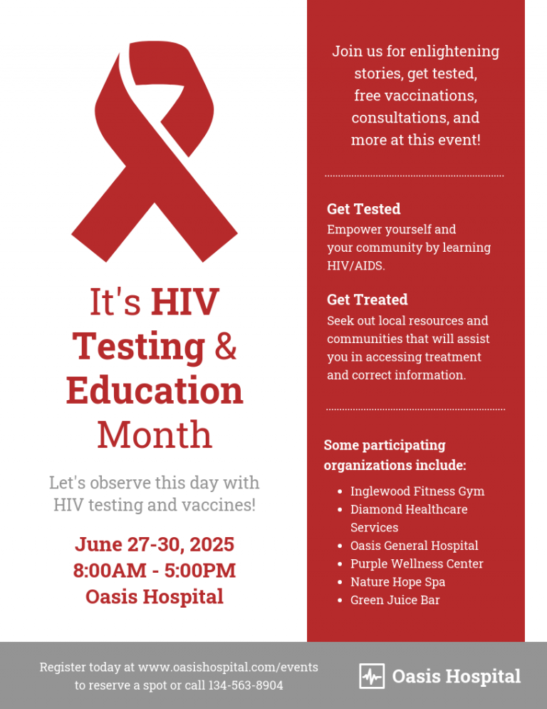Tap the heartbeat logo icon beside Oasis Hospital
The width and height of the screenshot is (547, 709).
372,676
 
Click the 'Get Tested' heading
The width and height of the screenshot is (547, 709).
364,209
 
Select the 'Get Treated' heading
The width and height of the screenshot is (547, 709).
368,300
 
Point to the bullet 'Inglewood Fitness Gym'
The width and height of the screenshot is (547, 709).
417,491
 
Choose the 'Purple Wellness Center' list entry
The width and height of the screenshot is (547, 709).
417,563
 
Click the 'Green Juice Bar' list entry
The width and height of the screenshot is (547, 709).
395,600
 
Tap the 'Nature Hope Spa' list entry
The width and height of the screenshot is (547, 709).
397,582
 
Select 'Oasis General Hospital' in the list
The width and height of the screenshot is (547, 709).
415,546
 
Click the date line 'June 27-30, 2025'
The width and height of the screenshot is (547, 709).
155,544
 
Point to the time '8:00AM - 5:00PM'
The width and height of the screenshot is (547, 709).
155,570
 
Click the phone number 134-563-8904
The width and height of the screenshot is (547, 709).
245,685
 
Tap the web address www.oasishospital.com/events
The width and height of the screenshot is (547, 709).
228,667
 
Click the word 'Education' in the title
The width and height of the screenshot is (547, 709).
155,390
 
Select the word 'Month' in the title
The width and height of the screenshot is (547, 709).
155,434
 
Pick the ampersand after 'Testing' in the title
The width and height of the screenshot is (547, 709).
225,347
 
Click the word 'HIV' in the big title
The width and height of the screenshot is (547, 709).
184,302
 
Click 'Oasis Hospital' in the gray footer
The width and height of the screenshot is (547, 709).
457,676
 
